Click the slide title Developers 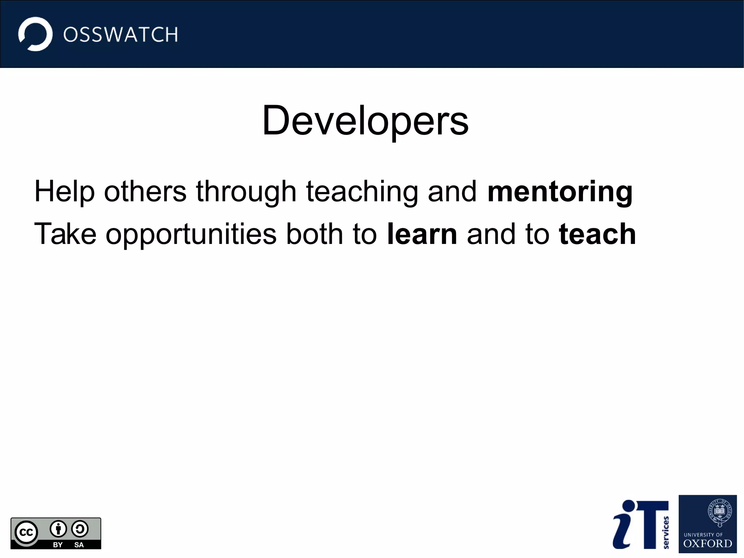pyautogui.click(x=365, y=121)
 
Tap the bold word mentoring pyautogui.click(x=560, y=192)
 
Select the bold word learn pyautogui.click(x=422, y=234)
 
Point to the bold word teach pyautogui.click(x=597, y=234)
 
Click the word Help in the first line pyautogui.click(x=64, y=192)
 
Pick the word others pyautogui.click(x=145, y=192)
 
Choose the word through pyautogui.click(x=246, y=192)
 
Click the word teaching pyautogui.click(x=362, y=192)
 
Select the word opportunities pyautogui.click(x=191, y=234)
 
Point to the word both pyautogui.click(x=314, y=234)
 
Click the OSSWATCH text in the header pyautogui.click(x=121, y=35)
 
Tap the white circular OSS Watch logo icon pyautogui.click(x=35, y=34)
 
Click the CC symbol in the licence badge pyautogui.click(x=26, y=533)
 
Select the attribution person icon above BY pyautogui.click(x=58, y=529)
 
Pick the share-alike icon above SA pyautogui.click(x=80, y=529)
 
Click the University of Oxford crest pyautogui.click(x=719, y=513)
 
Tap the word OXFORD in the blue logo pyautogui.click(x=708, y=544)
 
